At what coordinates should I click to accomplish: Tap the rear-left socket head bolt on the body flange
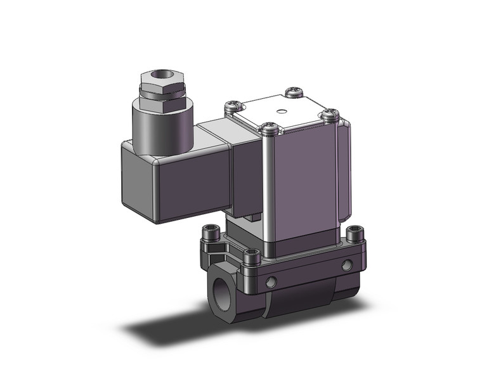(210, 240)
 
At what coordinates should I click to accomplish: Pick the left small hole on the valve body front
(271, 281)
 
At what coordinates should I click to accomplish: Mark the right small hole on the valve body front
(346, 266)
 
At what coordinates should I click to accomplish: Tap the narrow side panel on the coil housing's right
(342, 171)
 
